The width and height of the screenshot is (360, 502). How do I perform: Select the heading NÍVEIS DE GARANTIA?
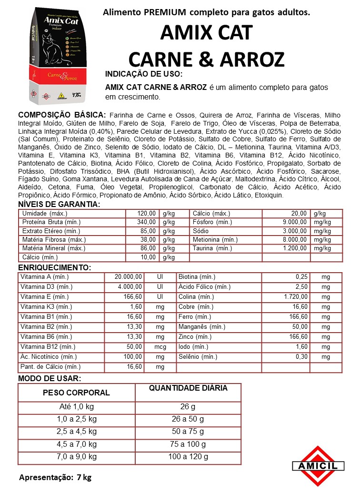click(x=59, y=204)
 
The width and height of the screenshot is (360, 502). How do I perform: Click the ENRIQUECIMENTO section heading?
click(x=54, y=267)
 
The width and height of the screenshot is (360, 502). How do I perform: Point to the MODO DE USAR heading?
click(x=49, y=378)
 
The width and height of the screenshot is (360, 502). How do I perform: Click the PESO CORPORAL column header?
click(x=76, y=393)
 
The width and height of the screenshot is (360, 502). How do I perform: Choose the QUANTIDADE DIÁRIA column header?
click(x=188, y=388)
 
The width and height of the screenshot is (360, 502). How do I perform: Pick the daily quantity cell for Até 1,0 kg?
click(x=188, y=407)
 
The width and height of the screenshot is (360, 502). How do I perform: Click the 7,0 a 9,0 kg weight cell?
click(x=76, y=457)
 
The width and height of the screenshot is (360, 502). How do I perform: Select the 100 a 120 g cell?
click(x=188, y=457)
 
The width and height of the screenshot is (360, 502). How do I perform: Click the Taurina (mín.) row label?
click(x=212, y=248)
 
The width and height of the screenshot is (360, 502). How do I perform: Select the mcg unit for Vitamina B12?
click(x=160, y=347)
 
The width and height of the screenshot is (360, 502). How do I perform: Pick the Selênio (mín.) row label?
click(x=198, y=357)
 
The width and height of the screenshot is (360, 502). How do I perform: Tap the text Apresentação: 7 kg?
click(x=55, y=477)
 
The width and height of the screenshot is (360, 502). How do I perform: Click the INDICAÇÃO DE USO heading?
click(x=143, y=75)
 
